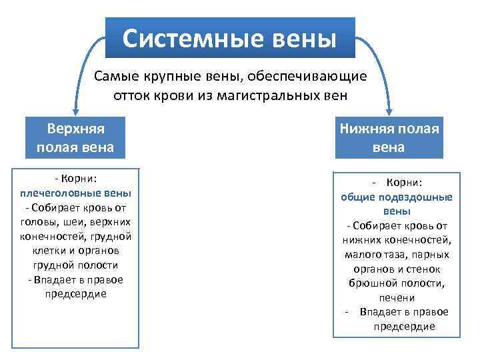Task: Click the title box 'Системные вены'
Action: click(x=230, y=38)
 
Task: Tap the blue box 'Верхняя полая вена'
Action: click(x=75, y=137)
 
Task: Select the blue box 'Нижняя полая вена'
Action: click(x=389, y=138)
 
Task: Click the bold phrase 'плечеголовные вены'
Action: click(x=75, y=193)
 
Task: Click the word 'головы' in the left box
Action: click(x=39, y=222)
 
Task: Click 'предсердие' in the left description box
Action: click(x=75, y=294)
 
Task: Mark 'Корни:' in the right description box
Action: click(x=405, y=183)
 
